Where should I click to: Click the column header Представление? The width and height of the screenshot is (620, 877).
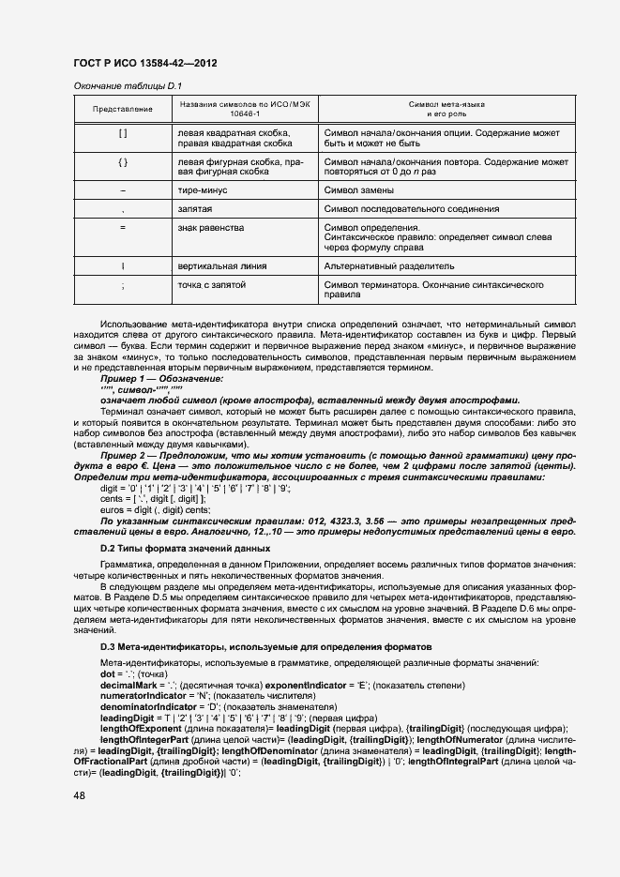click(x=123, y=109)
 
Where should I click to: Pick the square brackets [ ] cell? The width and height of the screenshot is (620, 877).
click(x=123, y=134)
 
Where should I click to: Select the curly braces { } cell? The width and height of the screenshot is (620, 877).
click(x=123, y=162)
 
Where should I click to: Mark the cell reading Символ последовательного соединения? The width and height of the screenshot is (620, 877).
click(x=411, y=209)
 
